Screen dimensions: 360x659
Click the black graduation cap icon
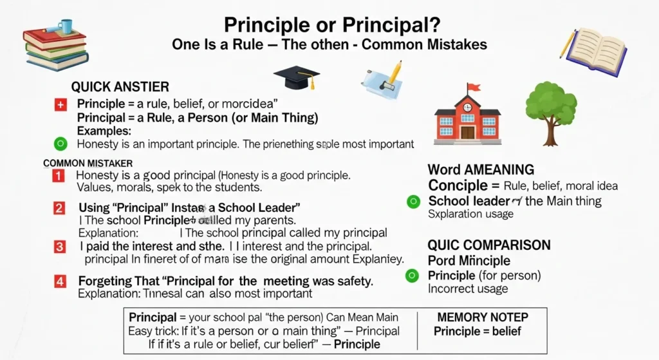[297, 76]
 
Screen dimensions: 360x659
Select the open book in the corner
[596, 51]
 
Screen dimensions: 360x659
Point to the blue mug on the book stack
[65, 26]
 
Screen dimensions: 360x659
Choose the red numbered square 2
[59, 208]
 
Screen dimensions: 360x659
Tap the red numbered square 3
[59, 247]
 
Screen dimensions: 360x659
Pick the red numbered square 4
[59, 281]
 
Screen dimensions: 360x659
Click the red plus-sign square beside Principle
[61, 104]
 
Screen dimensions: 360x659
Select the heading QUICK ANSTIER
[120, 87]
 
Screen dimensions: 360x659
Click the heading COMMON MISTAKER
[88, 164]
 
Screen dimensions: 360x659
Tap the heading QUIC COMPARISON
[489, 245]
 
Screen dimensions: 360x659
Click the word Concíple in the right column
[458, 185]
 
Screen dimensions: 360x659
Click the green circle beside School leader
[414, 202]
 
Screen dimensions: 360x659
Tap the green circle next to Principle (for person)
[414, 276]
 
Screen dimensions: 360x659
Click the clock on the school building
[467, 107]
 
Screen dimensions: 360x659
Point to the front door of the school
[467, 132]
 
